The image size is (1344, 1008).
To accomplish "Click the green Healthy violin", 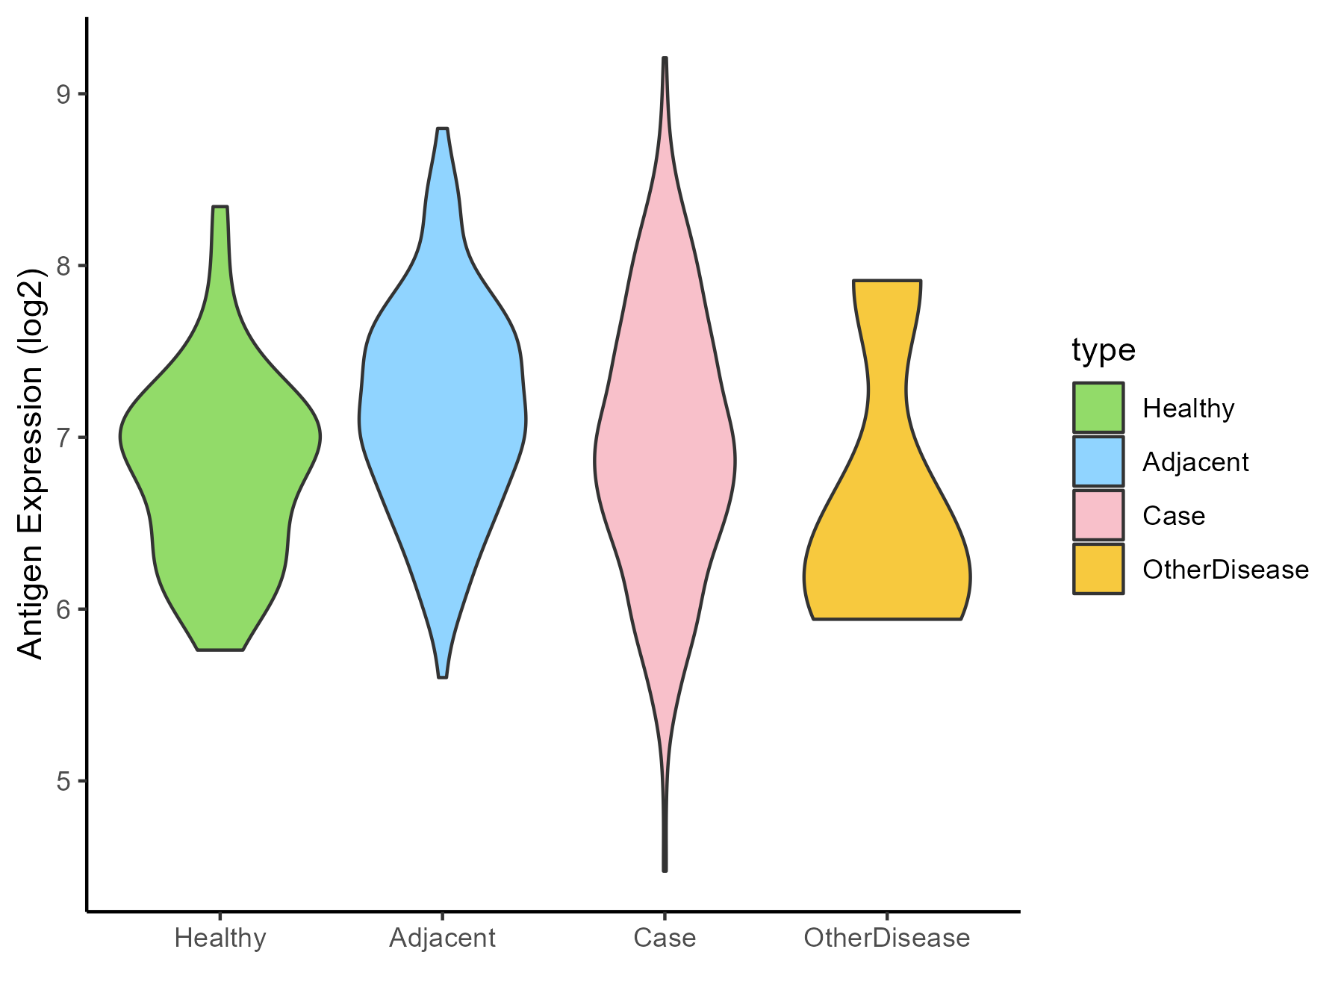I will point(220,463).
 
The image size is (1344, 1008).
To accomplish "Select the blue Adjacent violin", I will point(443,418).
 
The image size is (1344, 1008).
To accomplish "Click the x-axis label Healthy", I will point(220,938).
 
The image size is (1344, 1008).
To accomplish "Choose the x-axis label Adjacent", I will point(443,938).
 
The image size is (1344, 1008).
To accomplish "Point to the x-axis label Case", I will point(665,938).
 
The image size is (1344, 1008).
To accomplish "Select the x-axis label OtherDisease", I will point(887,938).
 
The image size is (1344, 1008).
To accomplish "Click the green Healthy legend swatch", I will point(1098,408).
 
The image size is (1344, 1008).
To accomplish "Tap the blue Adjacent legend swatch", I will point(1098,461).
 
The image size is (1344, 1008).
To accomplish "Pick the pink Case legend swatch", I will point(1098,515).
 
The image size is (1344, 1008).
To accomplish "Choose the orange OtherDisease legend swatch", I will point(1098,569).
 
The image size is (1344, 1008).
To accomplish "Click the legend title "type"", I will point(1104,350).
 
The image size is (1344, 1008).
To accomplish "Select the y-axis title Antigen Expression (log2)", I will point(31,463).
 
